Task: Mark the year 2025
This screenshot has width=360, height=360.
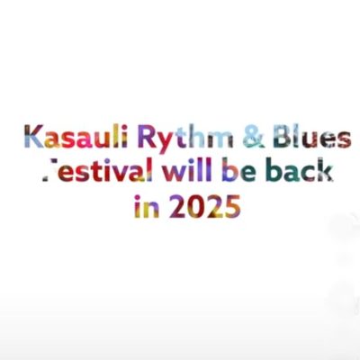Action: tap(205, 206)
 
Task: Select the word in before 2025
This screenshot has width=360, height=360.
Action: tap(147, 206)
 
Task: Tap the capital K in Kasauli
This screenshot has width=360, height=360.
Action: tap(34, 137)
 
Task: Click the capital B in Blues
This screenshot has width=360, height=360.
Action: tap(283, 138)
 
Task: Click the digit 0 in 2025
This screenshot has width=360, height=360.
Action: tap(196, 206)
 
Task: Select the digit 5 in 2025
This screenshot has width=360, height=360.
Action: tap(232, 206)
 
